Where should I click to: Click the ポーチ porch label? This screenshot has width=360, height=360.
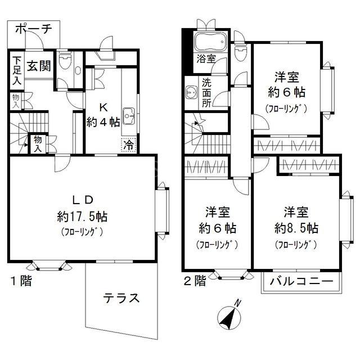tap(34, 29)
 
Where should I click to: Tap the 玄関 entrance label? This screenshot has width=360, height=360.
tap(39, 66)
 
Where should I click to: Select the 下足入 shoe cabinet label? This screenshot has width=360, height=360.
tap(17, 71)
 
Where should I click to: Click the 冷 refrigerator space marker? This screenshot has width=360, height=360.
tap(129, 145)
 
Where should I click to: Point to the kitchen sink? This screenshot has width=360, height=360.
tap(129, 116)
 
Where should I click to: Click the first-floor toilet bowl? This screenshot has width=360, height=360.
tap(65, 61)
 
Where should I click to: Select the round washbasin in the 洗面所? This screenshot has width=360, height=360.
tap(191, 92)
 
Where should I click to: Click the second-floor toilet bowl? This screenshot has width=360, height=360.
tap(240, 52)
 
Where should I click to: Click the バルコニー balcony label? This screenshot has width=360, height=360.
tap(301, 281)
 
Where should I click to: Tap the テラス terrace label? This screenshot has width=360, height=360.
tap(121, 299)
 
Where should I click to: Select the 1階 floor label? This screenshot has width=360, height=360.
tap(21, 281)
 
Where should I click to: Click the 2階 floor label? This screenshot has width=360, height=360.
tap(195, 281)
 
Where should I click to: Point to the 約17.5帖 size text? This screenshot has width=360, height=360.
tap(82, 216)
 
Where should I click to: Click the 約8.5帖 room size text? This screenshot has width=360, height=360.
tap(296, 228)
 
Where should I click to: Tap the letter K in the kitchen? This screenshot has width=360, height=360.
tap(103, 107)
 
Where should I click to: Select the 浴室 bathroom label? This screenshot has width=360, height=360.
tap(206, 59)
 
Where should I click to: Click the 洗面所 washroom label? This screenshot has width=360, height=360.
tap(206, 93)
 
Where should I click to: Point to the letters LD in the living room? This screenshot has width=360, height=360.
tap(83, 200)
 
